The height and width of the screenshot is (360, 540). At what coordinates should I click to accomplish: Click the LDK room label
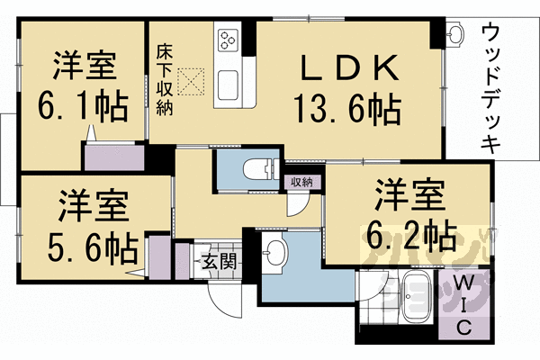(x=347, y=67)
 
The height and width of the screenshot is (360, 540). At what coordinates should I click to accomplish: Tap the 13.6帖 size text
(x=346, y=110)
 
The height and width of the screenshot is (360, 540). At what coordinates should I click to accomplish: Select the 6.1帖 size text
(x=81, y=106)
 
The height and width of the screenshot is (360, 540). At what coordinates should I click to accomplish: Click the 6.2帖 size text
(x=409, y=236)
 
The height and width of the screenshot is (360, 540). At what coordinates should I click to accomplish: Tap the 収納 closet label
(x=301, y=182)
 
